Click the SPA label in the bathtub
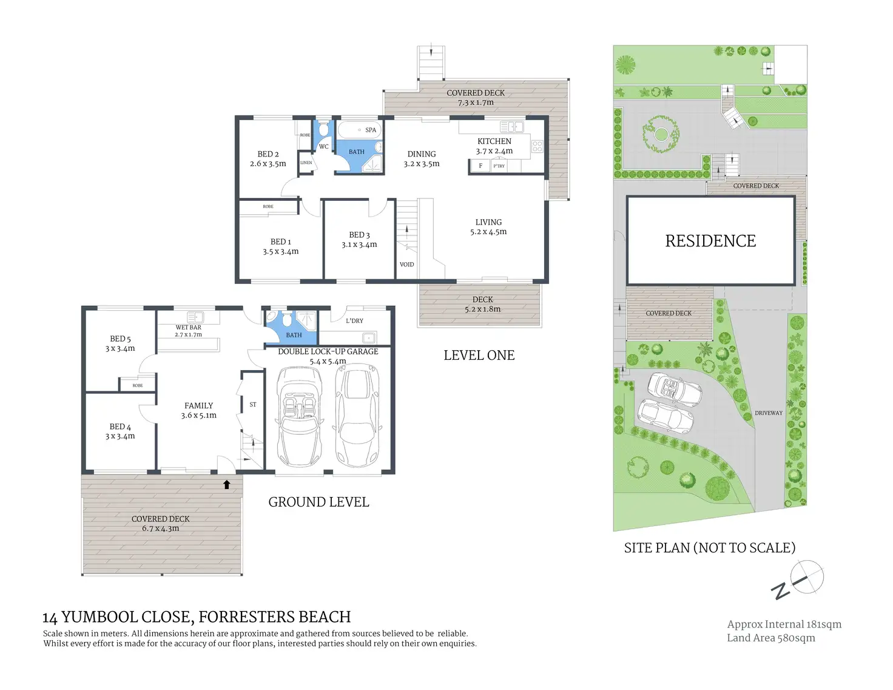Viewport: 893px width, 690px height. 370,130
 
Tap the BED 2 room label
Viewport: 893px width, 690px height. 268,154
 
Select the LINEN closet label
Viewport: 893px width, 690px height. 306,163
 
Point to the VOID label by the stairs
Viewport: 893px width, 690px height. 406,264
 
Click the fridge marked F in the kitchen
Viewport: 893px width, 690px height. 480,166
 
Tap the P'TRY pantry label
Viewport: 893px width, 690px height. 499,166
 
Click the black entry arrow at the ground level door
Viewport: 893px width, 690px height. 226,484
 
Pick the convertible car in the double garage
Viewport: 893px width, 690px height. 299,417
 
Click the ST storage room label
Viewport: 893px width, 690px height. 253,404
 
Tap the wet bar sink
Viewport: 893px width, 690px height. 195,317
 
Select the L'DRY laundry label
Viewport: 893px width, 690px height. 354,320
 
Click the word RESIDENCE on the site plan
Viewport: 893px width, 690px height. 710,241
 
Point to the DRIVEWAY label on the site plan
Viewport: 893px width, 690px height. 769,413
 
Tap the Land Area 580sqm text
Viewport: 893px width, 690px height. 771,638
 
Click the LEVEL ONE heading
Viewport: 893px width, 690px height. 479,355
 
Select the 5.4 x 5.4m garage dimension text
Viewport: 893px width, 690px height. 328,361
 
